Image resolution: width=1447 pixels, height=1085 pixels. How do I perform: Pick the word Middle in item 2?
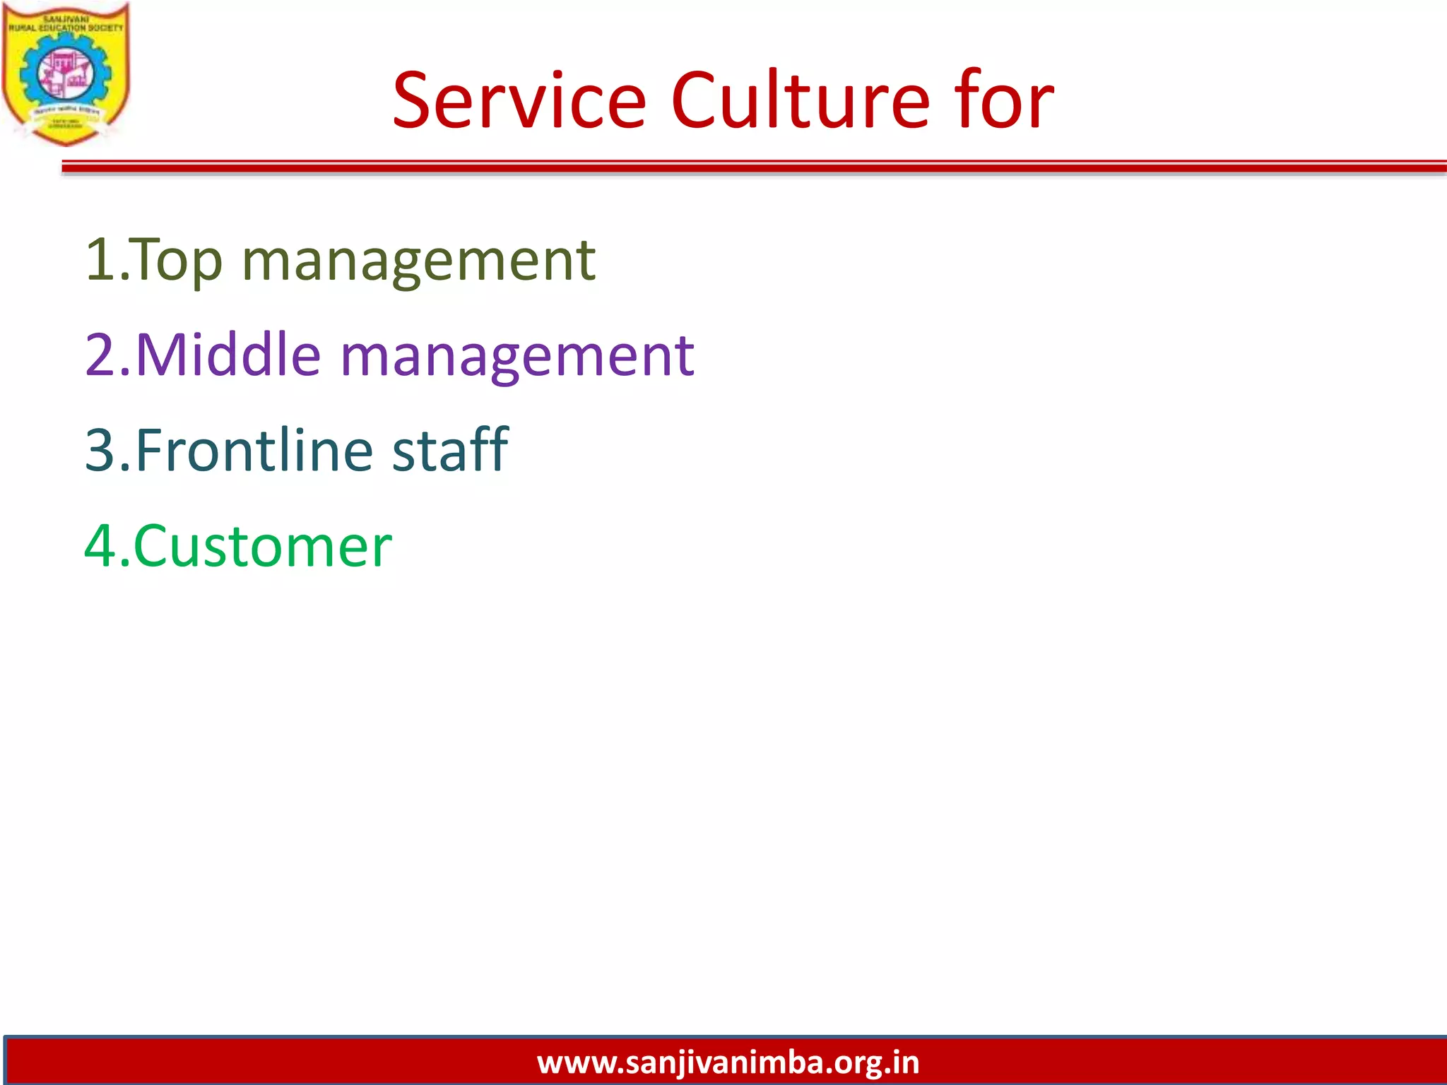(x=228, y=355)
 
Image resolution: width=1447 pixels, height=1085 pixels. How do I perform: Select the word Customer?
(x=262, y=546)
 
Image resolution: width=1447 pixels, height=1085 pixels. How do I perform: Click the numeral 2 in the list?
(x=100, y=355)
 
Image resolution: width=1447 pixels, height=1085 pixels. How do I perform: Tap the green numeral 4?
(x=100, y=546)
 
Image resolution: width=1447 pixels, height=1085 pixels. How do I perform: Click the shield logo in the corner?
(x=65, y=74)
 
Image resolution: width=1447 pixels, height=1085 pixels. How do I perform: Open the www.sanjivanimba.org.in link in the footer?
(x=728, y=1062)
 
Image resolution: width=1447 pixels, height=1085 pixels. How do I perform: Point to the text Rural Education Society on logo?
(x=65, y=28)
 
